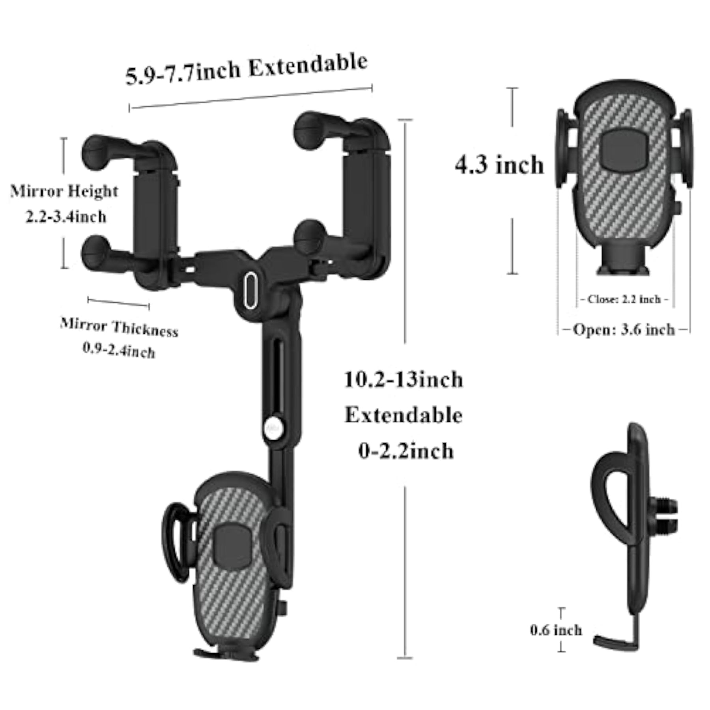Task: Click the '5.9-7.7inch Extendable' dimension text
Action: coord(247,70)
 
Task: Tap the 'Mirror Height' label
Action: coord(64,191)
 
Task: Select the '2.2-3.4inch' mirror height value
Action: coord(66,217)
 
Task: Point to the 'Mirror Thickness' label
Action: coord(119,327)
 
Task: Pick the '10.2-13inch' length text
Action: coord(404,379)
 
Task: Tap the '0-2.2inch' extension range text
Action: coord(406,451)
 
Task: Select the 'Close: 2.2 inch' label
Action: coord(624,299)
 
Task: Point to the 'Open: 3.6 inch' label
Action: coord(624,329)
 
